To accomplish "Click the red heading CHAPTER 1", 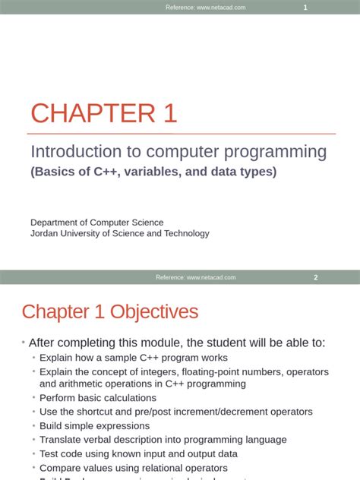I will (103, 113).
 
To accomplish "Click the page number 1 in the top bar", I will (305, 8).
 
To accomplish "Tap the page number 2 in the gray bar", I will (316, 277).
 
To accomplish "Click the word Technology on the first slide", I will (186, 233).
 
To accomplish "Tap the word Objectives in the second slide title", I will (154, 311).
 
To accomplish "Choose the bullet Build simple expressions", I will (94, 425).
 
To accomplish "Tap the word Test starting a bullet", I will (49, 453).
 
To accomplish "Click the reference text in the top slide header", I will (205, 8).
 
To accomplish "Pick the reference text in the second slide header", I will (195, 277).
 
